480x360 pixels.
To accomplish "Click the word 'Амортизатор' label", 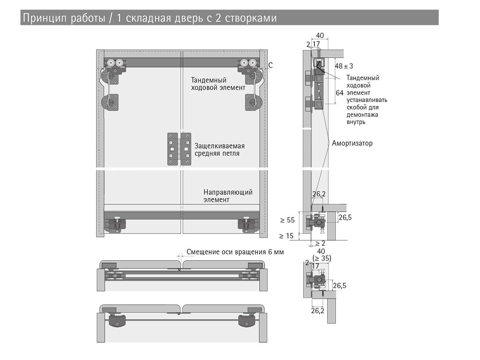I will pyautogui.click(x=352, y=143).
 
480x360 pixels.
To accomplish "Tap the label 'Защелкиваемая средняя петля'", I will pyautogui.click(x=219, y=150).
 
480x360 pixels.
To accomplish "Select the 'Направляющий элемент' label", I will pyautogui.click(x=228, y=196).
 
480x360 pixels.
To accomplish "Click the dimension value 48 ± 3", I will pyautogui.click(x=344, y=66).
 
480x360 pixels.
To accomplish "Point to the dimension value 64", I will pyautogui.click(x=340, y=93).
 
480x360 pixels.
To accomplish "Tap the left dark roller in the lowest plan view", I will pyautogui.click(x=116, y=320).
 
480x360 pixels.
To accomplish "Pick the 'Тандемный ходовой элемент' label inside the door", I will pyautogui.click(x=218, y=83).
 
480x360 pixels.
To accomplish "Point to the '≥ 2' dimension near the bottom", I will pyautogui.click(x=320, y=243).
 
